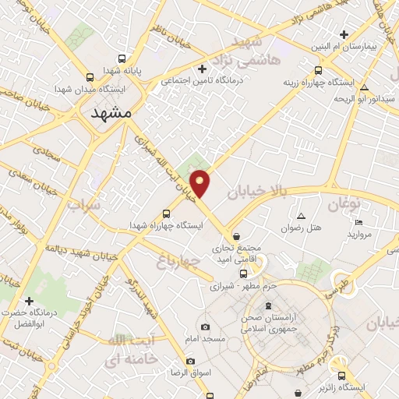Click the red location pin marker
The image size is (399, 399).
201,183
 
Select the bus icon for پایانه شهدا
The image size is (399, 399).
121,58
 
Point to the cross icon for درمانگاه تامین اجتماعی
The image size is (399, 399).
203,68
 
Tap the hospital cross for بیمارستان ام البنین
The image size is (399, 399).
344,34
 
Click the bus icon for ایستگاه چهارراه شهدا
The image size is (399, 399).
166,214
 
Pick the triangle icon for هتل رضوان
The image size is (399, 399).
302,216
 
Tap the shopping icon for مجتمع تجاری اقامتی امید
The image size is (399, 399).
237,235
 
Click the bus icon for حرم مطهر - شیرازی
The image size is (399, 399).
244,274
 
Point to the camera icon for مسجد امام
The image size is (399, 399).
205,327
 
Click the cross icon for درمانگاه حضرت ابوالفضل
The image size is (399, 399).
30,301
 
